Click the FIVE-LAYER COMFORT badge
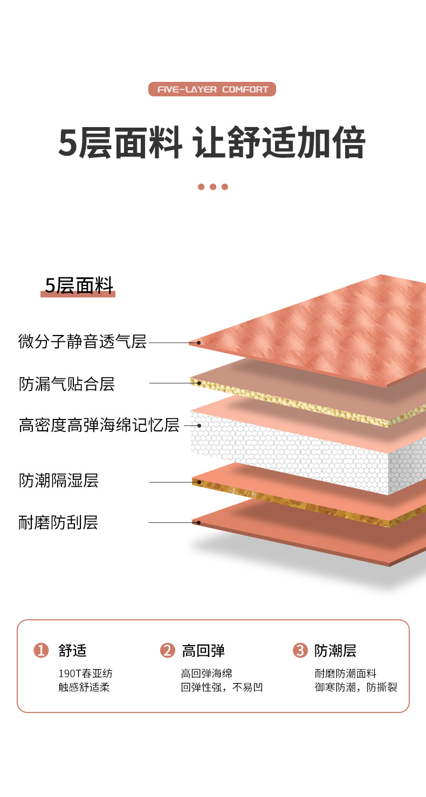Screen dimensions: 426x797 pos(212,89)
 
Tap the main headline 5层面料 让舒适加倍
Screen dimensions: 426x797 pos(212,143)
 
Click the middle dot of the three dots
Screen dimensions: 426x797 pos(213,187)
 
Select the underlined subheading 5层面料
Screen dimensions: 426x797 pos(78,285)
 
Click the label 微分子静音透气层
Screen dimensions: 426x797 pos(83,341)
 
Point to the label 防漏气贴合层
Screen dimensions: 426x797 pos(67,384)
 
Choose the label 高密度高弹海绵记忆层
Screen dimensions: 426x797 pos(99,425)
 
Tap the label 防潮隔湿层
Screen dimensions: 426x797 pos(59,480)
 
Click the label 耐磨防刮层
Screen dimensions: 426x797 pos(58,522)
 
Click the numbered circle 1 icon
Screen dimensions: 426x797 pos(41,651)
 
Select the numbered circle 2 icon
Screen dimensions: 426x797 pos(168,651)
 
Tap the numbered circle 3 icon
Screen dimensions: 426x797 pos(300,651)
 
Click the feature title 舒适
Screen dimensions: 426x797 pos(72,651)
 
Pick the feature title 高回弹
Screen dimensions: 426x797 pos(203,651)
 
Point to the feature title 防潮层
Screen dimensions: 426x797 pos(335,651)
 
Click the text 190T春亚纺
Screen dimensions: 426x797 pos(85,674)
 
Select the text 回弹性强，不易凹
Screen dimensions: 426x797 pos(222,687)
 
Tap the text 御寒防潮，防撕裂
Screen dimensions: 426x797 pos(356,687)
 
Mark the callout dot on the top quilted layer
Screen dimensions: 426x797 pos(198,342)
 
